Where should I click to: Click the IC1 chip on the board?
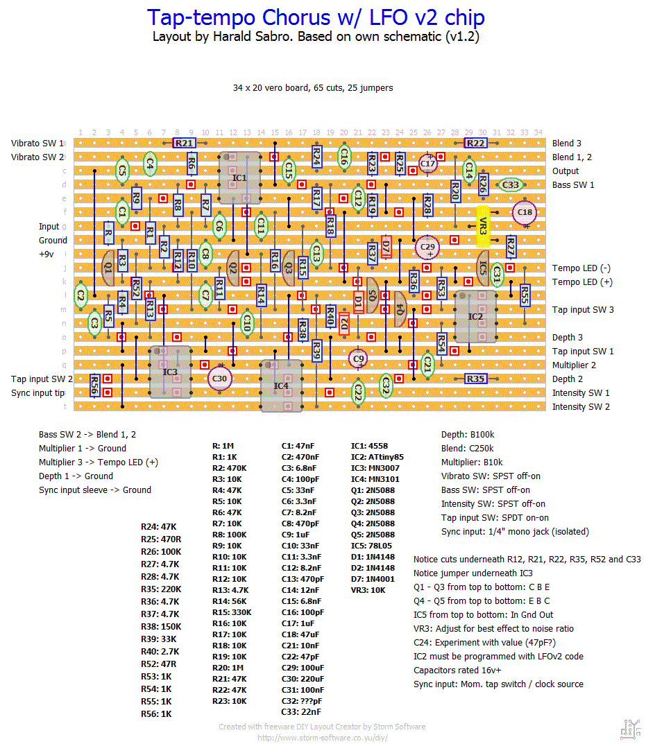tap(239, 178)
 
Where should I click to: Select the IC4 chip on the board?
tap(281, 386)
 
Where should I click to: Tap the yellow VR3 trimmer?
tap(483, 226)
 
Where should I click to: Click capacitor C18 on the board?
tap(525, 213)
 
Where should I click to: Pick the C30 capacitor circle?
tap(219, 379)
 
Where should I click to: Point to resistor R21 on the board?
tap(184, 143)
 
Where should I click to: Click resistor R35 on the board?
tap(475, 379)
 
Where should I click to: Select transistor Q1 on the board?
tap(108, 268)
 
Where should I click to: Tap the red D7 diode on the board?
tap(386, 247)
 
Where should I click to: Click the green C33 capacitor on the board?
tap(511, 184)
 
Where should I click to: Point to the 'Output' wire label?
tap(566, 171)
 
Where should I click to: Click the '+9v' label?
tap(46, 254)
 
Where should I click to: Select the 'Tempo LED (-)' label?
tap(581, 268)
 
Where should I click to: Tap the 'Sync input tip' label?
tap(38, 393)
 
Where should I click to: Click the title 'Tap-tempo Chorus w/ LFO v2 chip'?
tap(316, 17)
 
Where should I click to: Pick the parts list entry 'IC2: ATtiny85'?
tap(377, 457)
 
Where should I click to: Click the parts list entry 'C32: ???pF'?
tap(302, 701)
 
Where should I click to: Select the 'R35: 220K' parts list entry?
tap(161, 589)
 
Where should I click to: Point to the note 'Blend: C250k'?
tap(468, 449)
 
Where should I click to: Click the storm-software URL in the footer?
tap(323, 738)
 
